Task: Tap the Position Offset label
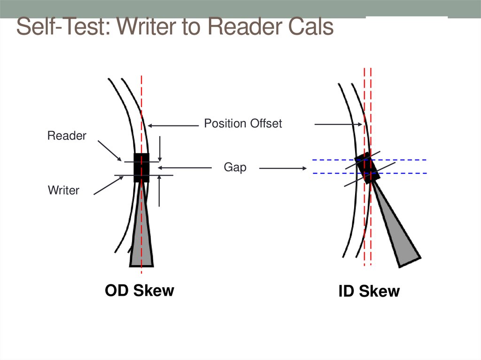click(243, 123)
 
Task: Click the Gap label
click(235, 168)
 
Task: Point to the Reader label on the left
click(67, 136)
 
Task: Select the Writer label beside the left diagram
click(63, 190)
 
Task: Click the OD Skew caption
click(139, 290)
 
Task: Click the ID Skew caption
click(369, 291)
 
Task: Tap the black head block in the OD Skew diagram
click(141, 168)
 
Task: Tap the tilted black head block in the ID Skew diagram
click(367, 168)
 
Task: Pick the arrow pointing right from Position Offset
click(338, 124)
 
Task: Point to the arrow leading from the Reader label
click(110, 152)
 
